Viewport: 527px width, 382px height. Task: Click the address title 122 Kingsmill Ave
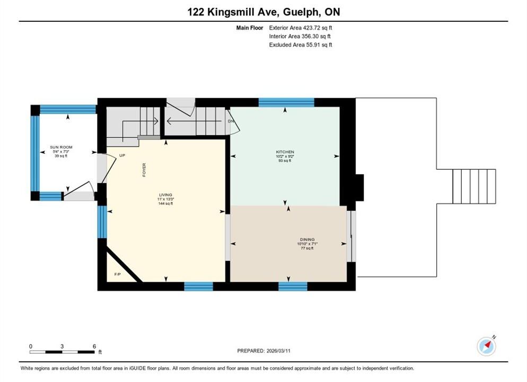coord(232,12)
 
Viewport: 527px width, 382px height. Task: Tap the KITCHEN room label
coord(285,152)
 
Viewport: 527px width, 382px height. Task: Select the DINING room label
coord(307,239)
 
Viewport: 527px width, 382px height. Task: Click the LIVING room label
coord(165,195)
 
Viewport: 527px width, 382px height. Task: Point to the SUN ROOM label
coord(61,147)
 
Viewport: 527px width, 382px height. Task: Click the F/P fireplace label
coord(118,274)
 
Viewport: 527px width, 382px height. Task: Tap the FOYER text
coord(144,170)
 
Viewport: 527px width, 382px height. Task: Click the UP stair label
coord(122,155)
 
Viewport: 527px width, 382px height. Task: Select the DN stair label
coord(231,121)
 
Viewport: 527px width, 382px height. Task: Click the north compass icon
coord(486,346)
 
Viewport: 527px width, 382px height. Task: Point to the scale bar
coord(62,352)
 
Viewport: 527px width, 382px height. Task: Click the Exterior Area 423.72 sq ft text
coord(301,28)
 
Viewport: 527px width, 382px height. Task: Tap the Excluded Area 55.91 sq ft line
coord(301,45)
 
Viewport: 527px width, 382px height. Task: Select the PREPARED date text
coord(264,351)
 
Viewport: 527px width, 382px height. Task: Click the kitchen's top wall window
coord(286,102)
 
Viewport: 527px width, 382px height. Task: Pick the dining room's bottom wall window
coord(293,286)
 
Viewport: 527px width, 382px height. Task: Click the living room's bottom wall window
coord(199,286)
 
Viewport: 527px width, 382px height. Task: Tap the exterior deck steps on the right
coord(474,186)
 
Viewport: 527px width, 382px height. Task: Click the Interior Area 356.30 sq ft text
coord(300,36)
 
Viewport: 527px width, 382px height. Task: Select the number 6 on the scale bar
coord(94,346)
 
